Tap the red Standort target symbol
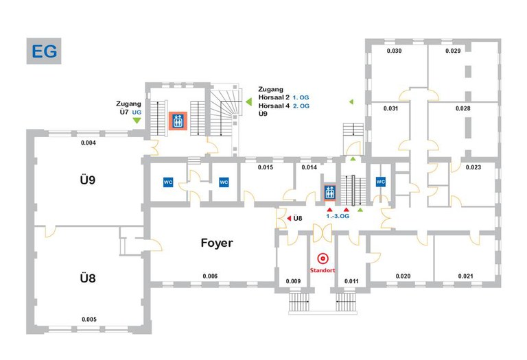323,259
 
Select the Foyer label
217,243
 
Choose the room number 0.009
293,281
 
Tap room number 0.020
403,276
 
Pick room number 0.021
466,276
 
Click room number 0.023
473,167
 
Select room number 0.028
462,109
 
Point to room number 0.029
452,51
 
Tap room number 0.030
394,51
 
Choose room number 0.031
391,109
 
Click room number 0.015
266,167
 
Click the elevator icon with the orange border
178,121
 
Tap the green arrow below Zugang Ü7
137,121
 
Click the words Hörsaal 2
277,98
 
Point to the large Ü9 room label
87,181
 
